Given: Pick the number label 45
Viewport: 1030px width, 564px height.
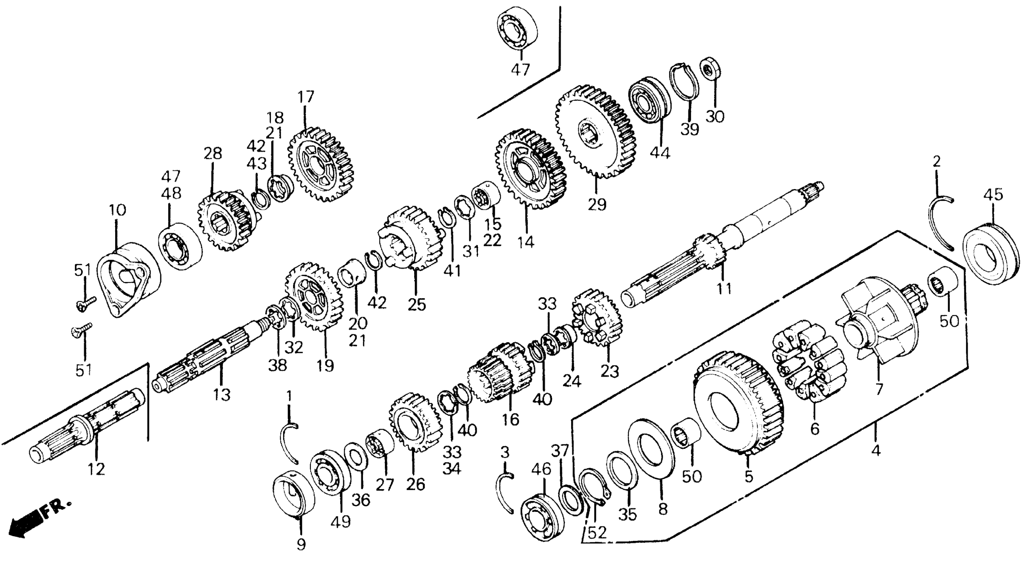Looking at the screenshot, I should click(993, 195).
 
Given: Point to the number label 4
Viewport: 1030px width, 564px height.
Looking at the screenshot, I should click(876, 451).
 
